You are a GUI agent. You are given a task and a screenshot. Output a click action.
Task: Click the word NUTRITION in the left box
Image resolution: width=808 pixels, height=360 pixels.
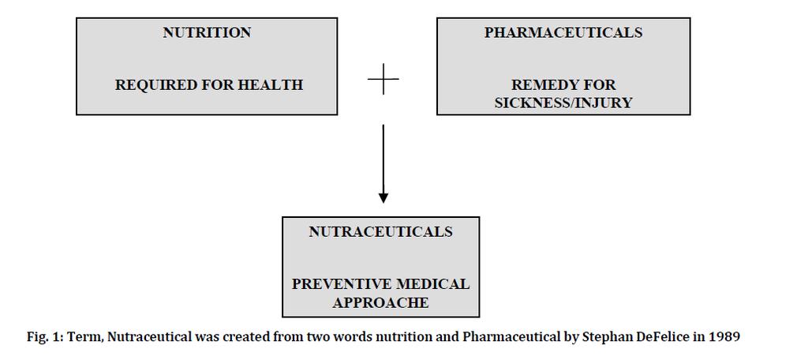tap(208, 32)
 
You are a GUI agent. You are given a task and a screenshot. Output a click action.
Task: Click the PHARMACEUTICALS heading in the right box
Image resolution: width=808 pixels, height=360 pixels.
tap(563, 32)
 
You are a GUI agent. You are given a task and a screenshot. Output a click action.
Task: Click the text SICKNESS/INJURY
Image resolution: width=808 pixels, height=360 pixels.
tap(563, 103)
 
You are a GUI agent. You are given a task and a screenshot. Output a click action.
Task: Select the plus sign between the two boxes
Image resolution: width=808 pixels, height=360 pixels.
tap(383, 80)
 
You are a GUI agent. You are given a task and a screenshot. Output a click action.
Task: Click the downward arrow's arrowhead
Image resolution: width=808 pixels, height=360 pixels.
tap(383, 197)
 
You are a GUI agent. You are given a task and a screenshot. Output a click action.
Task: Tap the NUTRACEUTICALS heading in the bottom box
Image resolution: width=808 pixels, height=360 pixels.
tap(381, 232)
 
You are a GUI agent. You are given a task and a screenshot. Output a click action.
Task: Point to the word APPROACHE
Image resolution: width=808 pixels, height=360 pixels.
tap(381, 302)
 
